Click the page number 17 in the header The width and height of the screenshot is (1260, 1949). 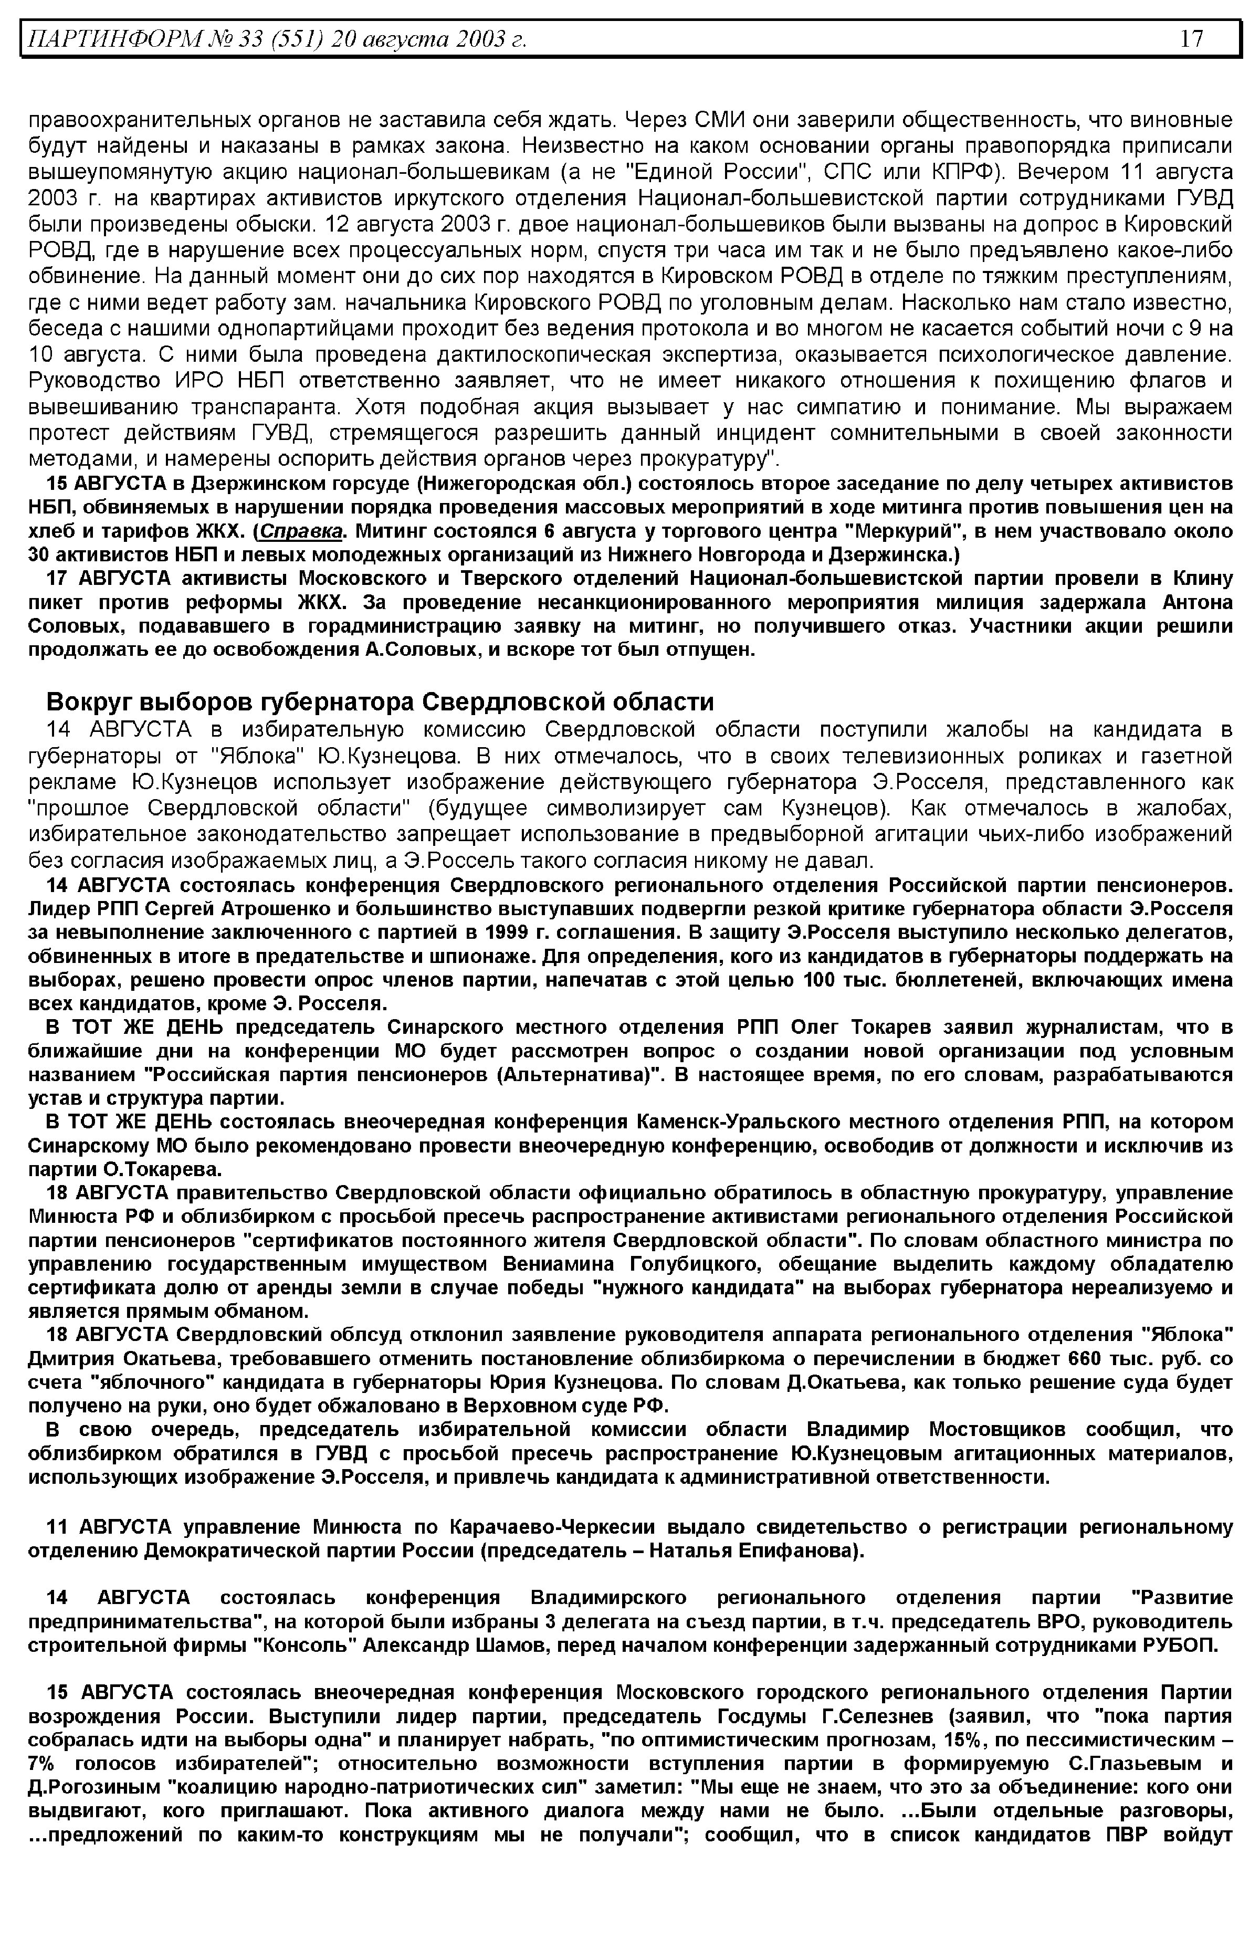(1192, 38)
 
